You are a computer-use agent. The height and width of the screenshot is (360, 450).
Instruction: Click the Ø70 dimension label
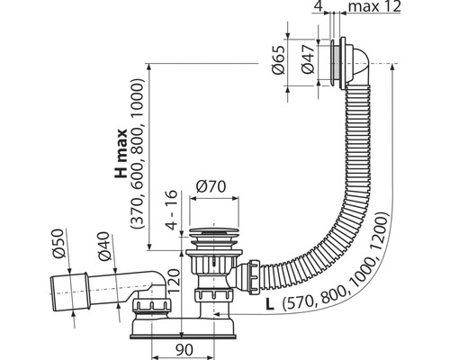click(x=211, y=186)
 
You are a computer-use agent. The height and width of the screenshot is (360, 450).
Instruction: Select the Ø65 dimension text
click(x=277, y=59)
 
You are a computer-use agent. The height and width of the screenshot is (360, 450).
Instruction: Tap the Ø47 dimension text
click(x=308, y=59)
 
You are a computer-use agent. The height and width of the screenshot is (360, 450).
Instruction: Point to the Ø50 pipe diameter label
click(x=58, y=243)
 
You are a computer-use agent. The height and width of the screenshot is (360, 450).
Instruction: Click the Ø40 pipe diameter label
click(x=104, y=247)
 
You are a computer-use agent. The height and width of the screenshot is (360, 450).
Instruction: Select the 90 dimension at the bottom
click(x=184, y=350)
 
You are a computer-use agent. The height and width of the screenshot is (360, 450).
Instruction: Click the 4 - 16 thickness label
click(x=172, y=210)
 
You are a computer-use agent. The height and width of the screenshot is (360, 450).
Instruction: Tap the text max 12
click(x=375, y=6)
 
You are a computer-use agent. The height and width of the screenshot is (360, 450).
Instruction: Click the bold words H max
click(x=121, y=154)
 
